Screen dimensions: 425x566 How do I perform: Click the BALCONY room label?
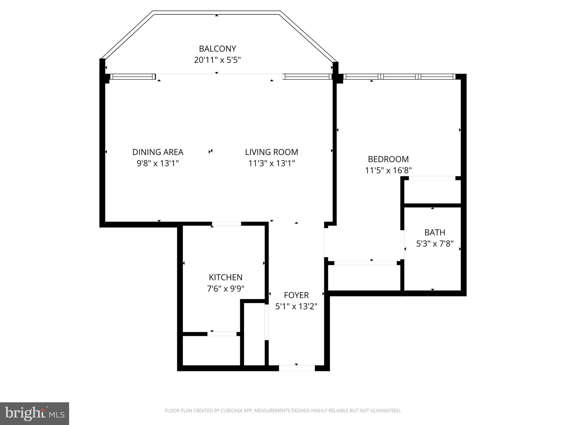(x=217, y=49)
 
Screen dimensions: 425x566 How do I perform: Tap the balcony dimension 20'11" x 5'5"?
(x=217, y=60)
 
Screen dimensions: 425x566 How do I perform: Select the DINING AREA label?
(x=158, y=152)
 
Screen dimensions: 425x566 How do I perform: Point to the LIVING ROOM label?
(x=271, y=152)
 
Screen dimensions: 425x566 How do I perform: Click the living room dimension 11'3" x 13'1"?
(x=271, y=164)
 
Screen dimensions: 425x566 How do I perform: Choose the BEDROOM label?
(x=388, y=159)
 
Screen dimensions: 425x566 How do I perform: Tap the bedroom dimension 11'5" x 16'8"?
(x=388, y=170)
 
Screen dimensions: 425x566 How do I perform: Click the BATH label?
(x=434, y=232)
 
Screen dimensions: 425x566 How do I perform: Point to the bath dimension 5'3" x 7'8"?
(x=434, y=244)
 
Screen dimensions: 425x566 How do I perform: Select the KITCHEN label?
(x=226, y=277)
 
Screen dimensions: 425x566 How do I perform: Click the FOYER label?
(x=296, y=295)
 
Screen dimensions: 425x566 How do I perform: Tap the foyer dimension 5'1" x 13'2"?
(x=296, y=307)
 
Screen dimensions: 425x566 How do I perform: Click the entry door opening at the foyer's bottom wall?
(x=297, y=368)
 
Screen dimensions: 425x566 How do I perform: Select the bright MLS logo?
(x=35, y=413)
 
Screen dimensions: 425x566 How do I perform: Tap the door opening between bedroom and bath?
(x=402, y=245)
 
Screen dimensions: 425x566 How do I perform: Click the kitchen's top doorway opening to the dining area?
(x=227, y=224)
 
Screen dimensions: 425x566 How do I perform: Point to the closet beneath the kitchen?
(x=211, y=351)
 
